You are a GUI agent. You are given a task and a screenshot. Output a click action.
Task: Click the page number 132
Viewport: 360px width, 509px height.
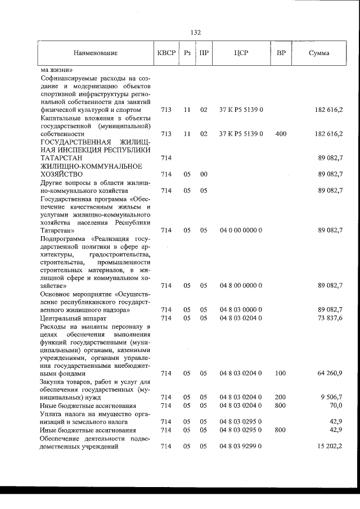(196, 33)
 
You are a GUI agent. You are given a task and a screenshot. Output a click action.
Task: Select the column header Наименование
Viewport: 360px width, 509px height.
(96, 53)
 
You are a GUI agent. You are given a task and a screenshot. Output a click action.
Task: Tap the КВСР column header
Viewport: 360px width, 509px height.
(166, 53)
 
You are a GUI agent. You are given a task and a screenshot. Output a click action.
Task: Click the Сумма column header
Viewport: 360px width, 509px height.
(319, 53)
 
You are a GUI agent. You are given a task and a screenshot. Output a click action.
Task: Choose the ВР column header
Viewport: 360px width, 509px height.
(281, 53)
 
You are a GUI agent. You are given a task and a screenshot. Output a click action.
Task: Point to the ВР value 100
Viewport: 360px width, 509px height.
(281, 373)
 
